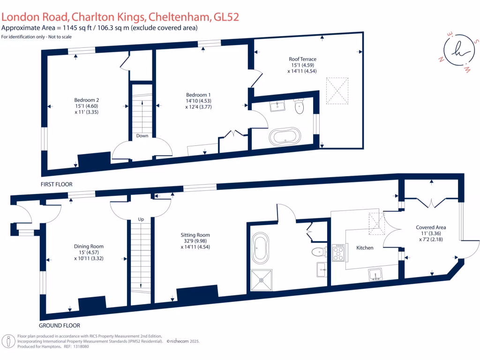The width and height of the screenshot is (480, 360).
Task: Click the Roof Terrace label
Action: (x=302, y=59)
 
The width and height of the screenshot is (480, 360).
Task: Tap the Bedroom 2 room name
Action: (x=86, y=100)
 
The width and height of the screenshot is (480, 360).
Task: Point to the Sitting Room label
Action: (x=195, y=235)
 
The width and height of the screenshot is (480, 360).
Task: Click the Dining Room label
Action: (x=89, y=246)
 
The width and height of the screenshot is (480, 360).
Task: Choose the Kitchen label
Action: (x=365, y=247)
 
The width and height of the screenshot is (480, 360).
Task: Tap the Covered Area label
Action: (x=430, y=227)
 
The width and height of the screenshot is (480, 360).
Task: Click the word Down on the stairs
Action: (x=142, y=136)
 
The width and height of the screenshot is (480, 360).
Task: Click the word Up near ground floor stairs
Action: (x=141, y=219)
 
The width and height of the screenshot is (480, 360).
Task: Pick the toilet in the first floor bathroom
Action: (x=299, y=107)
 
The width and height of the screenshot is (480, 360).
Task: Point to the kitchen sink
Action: (x=377, y=274)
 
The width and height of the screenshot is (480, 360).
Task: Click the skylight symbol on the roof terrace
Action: (x=337, y=90)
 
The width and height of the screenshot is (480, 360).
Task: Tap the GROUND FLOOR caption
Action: (x=60, y=325)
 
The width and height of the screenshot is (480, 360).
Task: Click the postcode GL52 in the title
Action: (x=226, y=17)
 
